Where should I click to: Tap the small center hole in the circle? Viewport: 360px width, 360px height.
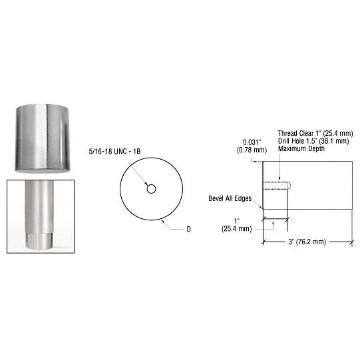(152, 189)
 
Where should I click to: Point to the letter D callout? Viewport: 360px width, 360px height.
(188, 229)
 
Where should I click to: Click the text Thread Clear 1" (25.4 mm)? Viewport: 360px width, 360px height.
(311, 132)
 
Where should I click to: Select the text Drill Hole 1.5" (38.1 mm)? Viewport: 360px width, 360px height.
(310, 140)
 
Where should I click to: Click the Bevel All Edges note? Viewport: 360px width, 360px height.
(230, 199)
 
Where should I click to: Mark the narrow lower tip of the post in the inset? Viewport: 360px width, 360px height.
(39, 240)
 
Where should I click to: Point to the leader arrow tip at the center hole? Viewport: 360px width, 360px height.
(148, 186)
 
